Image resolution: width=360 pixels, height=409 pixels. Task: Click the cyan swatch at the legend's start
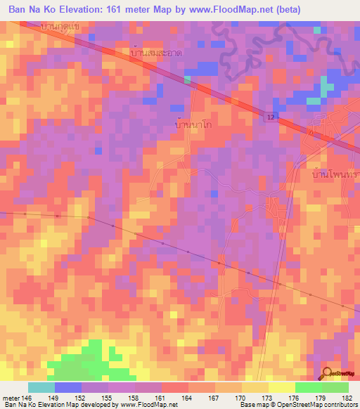[41, 387]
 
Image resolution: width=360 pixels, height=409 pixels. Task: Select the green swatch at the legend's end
[335, 387]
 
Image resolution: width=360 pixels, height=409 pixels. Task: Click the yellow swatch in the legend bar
[281, 387]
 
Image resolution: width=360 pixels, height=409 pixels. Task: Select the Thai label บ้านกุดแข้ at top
[60, 26]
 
